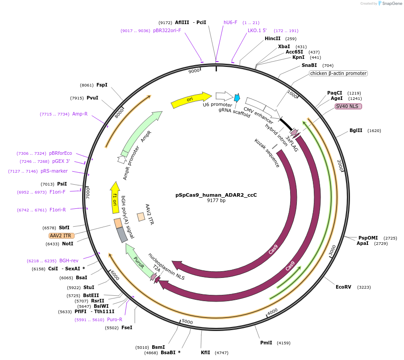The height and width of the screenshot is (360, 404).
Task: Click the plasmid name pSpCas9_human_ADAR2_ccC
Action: [216, 195]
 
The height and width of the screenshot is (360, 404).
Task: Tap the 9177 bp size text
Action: [216, 201]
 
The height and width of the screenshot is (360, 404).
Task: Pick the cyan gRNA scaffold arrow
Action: [237, 98]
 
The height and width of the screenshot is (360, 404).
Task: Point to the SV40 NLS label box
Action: [348, 106]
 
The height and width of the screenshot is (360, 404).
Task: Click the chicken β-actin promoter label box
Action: [338, 73]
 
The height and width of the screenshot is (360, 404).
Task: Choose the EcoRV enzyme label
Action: [344, 287]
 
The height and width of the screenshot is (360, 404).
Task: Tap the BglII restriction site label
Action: [356, 131]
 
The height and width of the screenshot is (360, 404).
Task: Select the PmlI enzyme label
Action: [266, 343]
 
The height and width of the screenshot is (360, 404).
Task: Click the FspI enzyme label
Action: [102, 85]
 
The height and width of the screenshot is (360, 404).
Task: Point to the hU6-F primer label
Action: [230, 22]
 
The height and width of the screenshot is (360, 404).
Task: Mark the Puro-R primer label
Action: [115, 319]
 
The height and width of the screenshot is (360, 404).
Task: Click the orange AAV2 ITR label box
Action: [62, 236]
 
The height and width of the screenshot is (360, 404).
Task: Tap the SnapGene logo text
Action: [390, 4]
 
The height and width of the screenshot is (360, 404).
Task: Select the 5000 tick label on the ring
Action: [187, 322]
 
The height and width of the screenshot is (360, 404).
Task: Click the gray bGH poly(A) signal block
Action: [122, 235]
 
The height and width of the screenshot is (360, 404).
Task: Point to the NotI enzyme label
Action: [68, 244]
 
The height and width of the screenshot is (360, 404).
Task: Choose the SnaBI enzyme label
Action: [309, 65]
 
